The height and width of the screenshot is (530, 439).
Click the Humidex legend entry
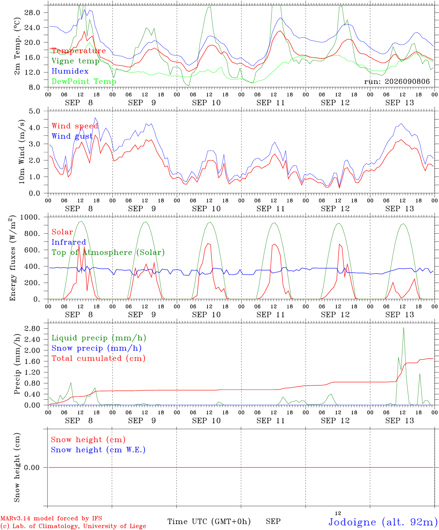click(x=70, y=71)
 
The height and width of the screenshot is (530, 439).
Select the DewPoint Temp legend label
click(x=84, y=81)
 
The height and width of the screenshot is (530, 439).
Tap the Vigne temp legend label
click(x=75, y=61)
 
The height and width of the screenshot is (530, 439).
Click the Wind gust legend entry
click(x=72, y=136)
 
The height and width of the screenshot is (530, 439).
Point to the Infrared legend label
click(x=69, y=242)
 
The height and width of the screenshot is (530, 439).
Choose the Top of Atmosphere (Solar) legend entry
click(x=108, y=252)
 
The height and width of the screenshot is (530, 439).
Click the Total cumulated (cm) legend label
click(x=99, y=358)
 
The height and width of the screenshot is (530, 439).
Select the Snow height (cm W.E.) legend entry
click(x=98, y=450)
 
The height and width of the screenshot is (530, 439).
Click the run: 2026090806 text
click(x=397, y=81)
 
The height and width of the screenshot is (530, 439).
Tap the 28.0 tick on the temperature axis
click(x=32, y=13)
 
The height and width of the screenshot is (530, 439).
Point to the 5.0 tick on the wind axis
click(x=34, y=112)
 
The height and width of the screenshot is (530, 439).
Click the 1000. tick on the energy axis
click(x=30, y=217)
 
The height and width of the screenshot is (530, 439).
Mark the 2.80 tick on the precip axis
click(x=32, y=329)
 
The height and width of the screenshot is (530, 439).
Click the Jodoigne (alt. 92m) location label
click(x=383, y=522)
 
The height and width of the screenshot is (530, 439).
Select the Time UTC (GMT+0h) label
click(x=209, y=522)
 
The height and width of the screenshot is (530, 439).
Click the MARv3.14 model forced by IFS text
click(x=51, y=518)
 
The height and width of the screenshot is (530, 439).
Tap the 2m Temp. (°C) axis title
click(x=17, y=46)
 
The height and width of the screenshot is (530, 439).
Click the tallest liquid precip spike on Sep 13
click(x=403, y=328)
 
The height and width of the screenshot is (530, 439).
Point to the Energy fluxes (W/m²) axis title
click(x=13, y=258)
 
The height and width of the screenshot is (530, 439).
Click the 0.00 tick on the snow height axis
click(x=32, y=467)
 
